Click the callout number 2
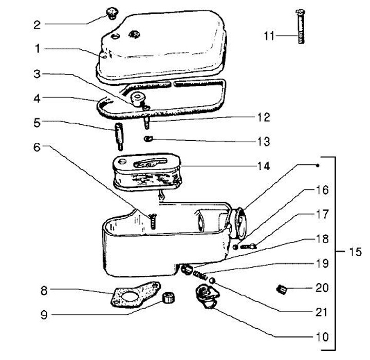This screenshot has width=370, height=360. coord(37,24)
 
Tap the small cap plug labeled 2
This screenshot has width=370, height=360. coord(110,12)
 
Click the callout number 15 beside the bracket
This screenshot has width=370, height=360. coord(355,252)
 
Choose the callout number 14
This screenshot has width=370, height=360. coord(263,166)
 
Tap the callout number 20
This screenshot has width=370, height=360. coord(322,289)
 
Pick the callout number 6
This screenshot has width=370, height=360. coord(37,147)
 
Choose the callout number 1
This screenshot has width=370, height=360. coord(37,49)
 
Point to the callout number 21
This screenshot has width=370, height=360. coord(322,312)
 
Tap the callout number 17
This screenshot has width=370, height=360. coord(322,214)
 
